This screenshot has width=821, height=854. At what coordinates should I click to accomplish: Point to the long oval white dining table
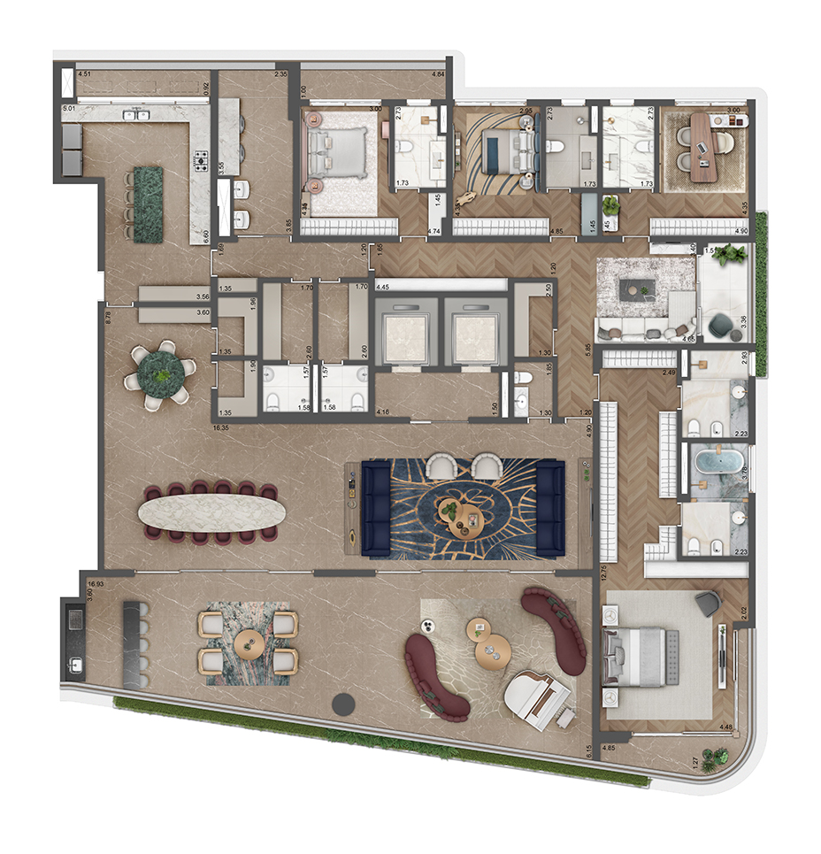click(213, 512)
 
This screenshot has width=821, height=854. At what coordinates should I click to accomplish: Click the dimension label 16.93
click(97, 585)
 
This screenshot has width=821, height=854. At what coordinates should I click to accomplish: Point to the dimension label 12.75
click(602, 573)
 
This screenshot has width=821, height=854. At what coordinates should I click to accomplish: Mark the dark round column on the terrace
click(342, 704)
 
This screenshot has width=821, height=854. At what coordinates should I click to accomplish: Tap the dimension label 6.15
click(589, 753)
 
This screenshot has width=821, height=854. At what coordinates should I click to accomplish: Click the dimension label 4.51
click(85, 74)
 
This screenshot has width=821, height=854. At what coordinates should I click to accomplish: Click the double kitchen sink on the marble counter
click(135, 115)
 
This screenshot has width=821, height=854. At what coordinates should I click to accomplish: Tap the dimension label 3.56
click(203, 297)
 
